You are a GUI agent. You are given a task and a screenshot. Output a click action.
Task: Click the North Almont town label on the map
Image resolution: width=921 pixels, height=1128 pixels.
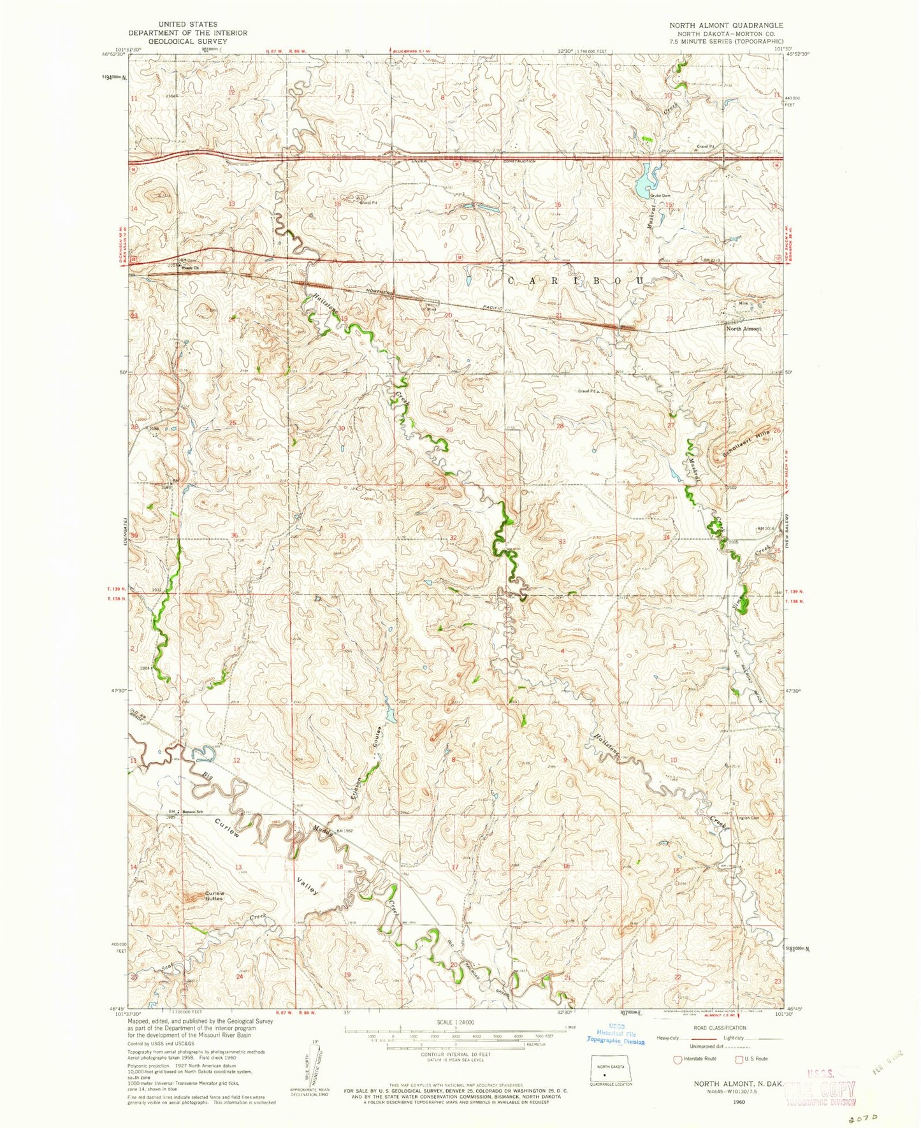743,328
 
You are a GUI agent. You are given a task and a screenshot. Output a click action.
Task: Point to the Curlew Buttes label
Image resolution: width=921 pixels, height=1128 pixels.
214,896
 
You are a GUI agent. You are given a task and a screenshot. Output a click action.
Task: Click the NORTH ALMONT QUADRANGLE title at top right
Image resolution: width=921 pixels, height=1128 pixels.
725,25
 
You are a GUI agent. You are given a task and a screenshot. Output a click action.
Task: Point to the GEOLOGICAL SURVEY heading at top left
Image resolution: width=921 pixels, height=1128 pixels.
187,41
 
